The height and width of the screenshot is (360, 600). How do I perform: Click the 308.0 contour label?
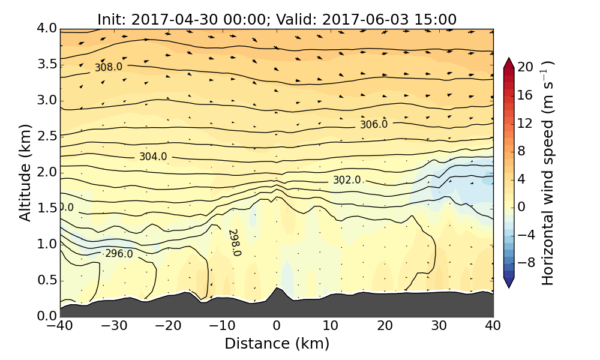[109, 67]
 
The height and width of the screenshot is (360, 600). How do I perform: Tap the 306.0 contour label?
[374, 124]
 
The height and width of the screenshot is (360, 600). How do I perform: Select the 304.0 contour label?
[153, 157]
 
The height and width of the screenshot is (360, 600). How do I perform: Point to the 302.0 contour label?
[347, 180]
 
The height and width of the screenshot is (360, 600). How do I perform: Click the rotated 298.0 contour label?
[234, 242]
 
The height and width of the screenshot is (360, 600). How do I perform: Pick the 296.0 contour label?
[119, 254]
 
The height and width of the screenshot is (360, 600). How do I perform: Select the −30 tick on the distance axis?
[114, 326]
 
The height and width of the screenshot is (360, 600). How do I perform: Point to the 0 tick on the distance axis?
[277, 326]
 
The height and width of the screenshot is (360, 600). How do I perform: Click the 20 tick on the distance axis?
[385, 326]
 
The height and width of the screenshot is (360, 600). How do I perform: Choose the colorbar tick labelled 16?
[526, 95]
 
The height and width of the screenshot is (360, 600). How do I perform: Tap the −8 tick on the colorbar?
[526, 262]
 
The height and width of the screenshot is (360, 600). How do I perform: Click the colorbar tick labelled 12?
[526, 123]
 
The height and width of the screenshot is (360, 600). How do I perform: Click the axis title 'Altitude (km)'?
[25, 172]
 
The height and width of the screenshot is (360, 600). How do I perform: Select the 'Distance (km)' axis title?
[277, 344]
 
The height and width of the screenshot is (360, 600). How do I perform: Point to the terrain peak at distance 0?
[277, 288]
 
